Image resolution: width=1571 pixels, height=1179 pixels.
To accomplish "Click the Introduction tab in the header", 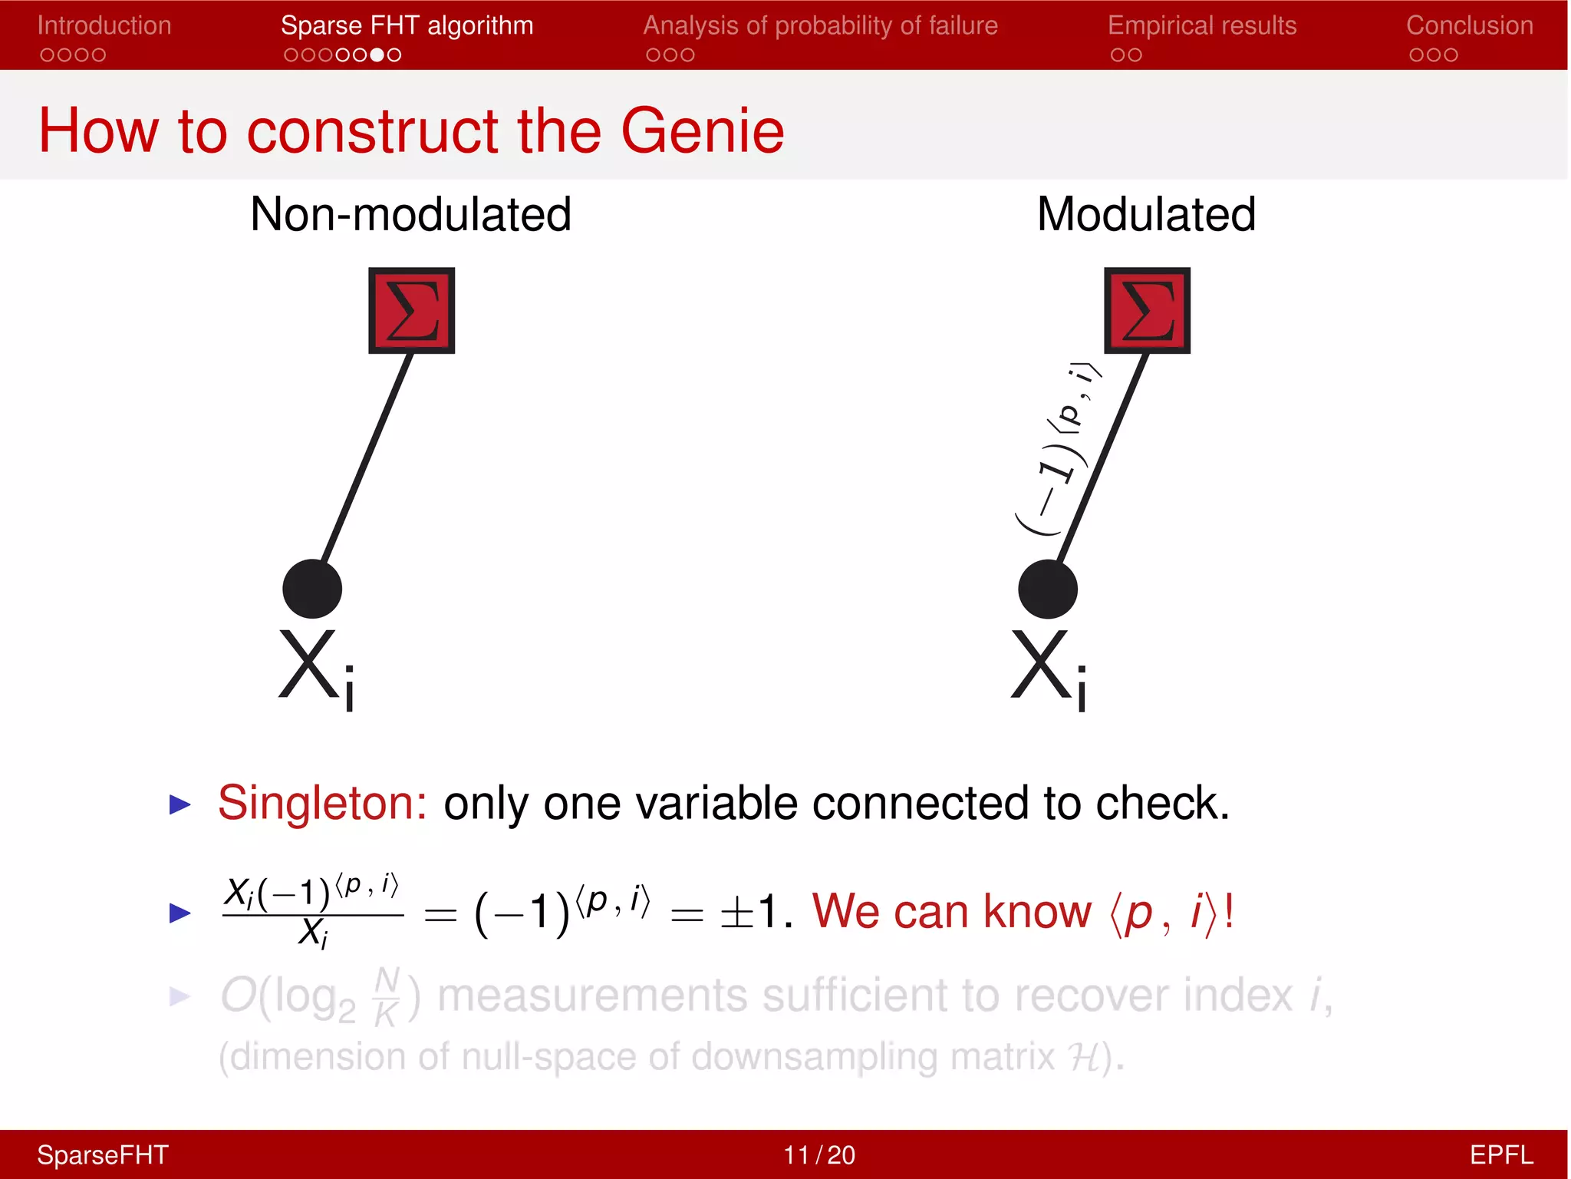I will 104,25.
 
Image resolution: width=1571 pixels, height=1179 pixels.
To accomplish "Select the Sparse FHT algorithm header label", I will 407,25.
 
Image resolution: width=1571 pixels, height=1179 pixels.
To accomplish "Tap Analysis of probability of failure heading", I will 820,25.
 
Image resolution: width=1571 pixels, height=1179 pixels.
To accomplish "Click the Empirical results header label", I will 1201,25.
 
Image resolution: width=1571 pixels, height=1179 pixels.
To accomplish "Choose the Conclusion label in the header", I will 1469,25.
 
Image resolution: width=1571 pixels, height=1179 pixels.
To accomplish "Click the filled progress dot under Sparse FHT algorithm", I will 377,55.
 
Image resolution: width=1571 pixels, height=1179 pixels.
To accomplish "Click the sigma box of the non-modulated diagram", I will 412,310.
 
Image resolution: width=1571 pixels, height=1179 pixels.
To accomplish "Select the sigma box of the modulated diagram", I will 1147,310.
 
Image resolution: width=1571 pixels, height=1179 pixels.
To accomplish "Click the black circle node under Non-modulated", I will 312,589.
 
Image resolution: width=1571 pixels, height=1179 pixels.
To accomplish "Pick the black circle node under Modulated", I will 1048,589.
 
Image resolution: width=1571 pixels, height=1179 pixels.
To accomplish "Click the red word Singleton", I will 322,803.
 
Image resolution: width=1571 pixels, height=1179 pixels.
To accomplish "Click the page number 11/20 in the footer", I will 818,1154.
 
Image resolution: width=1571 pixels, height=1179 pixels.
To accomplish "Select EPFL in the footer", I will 1500,1154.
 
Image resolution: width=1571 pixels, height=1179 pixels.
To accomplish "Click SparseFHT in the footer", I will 103,1154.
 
